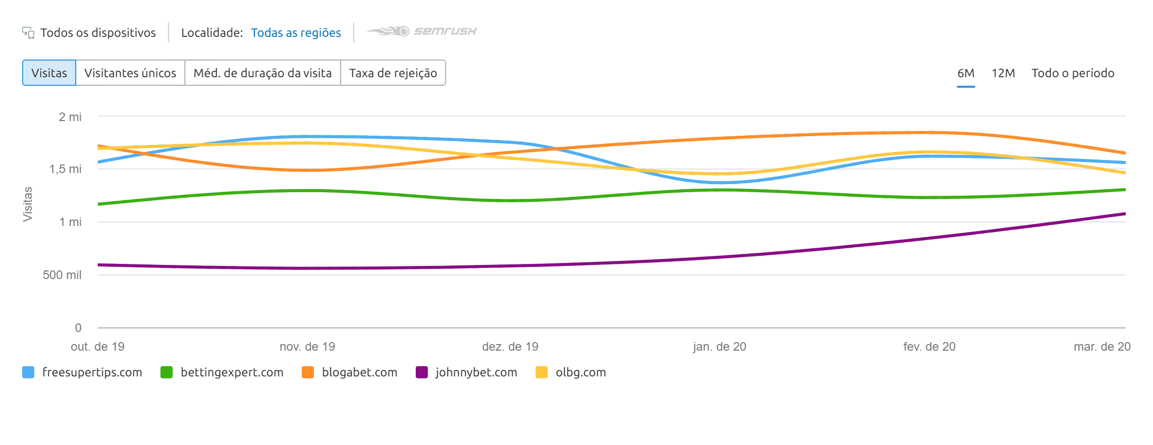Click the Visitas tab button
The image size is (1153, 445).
[x=49, y=73]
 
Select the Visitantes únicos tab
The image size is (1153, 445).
[x=130, y=73]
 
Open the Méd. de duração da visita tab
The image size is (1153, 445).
[x=263, y=73]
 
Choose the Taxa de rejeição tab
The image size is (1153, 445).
[x=393, y=73]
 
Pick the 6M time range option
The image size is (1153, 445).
[x=966, y=73]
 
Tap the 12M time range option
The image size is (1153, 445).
[x=1003, y=73]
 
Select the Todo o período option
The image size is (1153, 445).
[x=1072, y=73]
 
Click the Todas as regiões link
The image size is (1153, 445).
[x=296, y=33]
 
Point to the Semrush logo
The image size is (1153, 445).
[x=422, y=31]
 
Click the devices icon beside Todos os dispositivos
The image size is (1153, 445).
[x=28, y=33]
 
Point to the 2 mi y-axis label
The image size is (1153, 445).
[x=70, y=117]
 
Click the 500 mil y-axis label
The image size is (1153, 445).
[x=62, y=275]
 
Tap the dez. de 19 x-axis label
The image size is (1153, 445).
[x=510, y=347]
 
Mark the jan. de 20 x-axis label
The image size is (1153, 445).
[x=719, y=347]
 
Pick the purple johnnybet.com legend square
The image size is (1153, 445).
[x=422, y=372]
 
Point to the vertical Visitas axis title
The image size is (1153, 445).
[x=28, y=204]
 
